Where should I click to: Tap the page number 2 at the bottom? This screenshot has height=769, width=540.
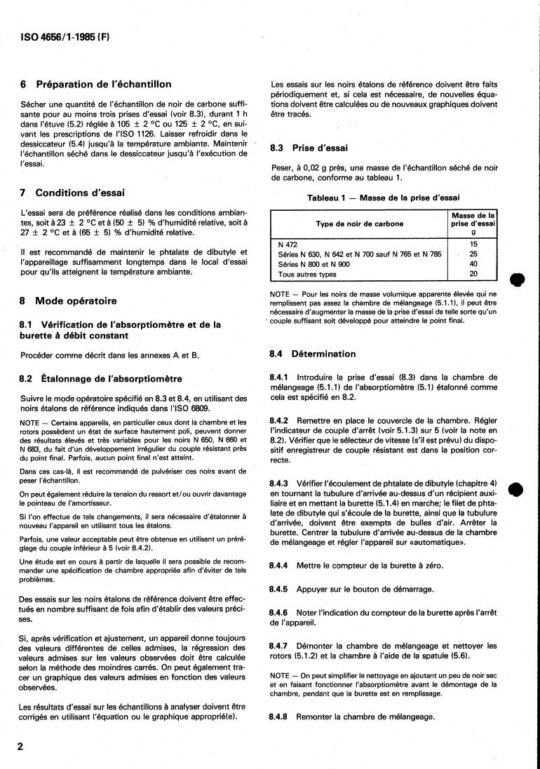pos(20,746)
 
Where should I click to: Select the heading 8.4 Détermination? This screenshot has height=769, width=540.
pos(313,354)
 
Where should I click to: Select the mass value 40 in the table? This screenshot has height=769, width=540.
pos(473,264)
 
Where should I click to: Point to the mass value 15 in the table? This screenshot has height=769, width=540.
pos(473,244)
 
